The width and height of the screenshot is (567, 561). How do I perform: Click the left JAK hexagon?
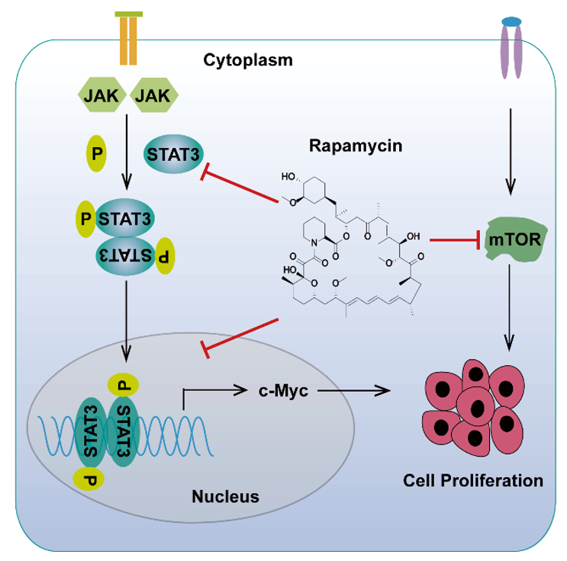click(98, 96)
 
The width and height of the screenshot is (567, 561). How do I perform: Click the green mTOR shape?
click(514, 242)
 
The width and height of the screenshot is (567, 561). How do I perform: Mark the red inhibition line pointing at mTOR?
click(455, 240)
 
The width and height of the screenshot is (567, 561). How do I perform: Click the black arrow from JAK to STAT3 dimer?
click(127, 152)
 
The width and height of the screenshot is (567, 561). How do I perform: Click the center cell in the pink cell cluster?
click(478, 404)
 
